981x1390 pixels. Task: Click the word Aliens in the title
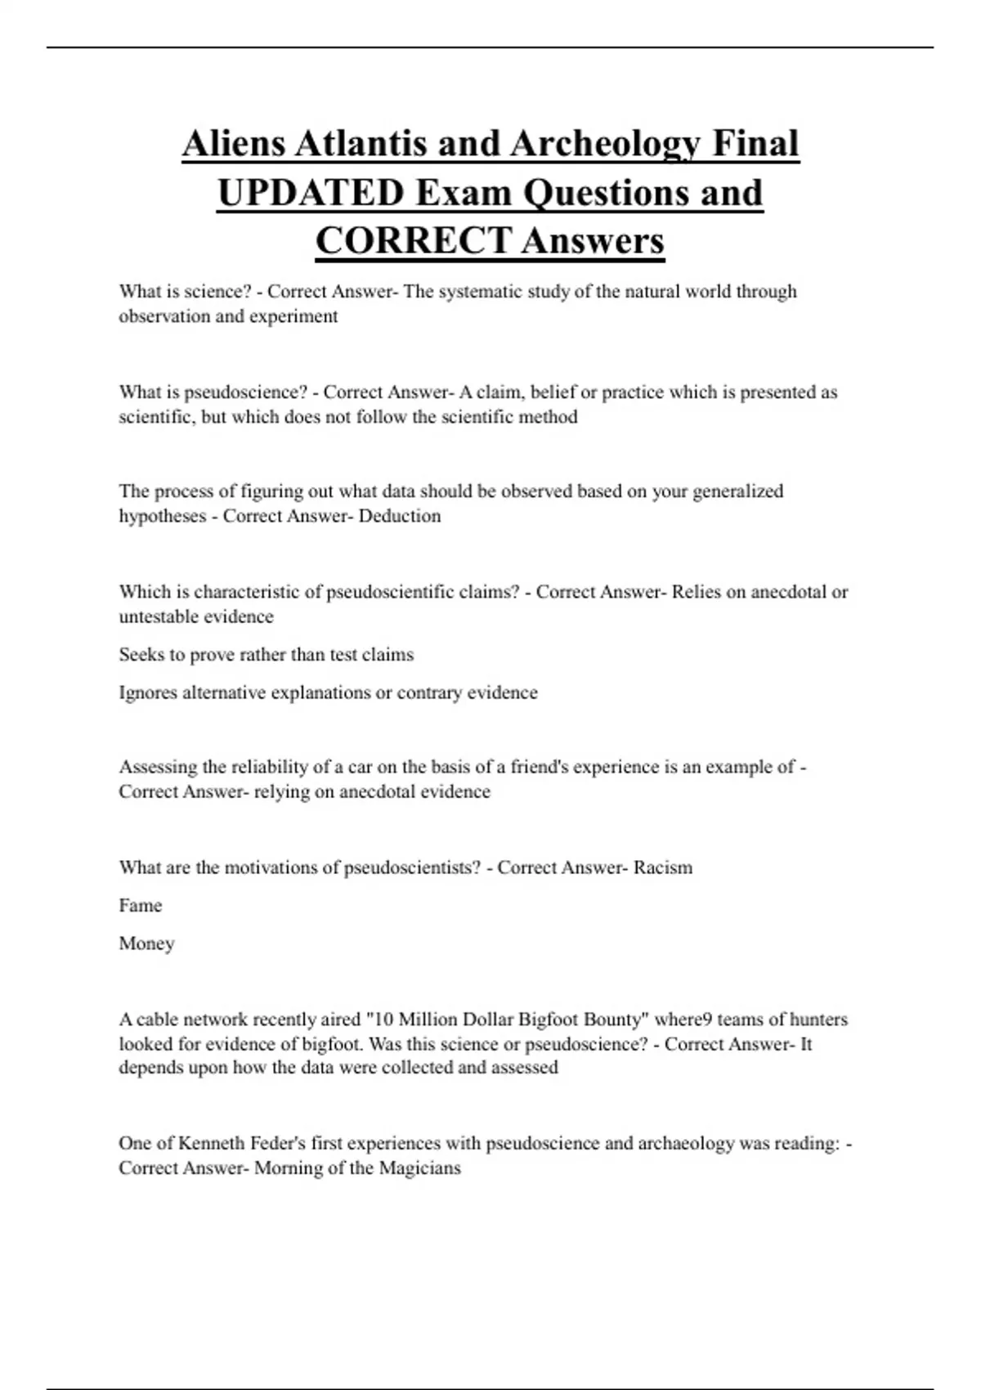[x=233, y=144]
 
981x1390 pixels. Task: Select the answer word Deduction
[x=400, y=516]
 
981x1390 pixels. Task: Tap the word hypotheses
[x=162, y=517]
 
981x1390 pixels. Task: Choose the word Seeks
[x=141, y=655]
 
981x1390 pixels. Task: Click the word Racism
[x=663, y=868]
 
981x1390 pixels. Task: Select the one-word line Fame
[x=141, y=906]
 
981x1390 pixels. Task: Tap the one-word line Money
[x=146, y=944]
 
